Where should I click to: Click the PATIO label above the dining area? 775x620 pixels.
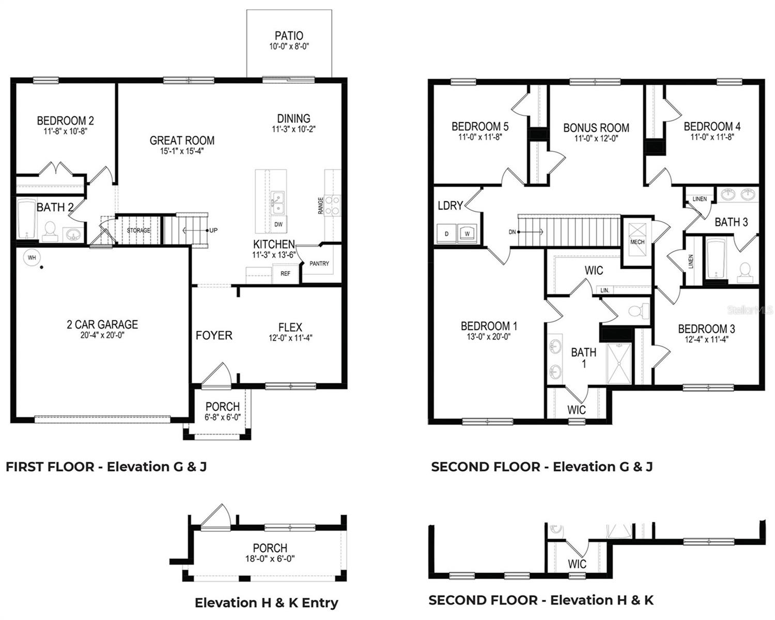click(x=289, y=36)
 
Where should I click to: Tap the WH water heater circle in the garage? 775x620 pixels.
click(x=32, y=257)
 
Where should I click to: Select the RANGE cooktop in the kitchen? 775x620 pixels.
click(x=332, y=205)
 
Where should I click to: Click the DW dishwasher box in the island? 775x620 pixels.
click(x=278, y=224)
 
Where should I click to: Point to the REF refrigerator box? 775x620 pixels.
click(x=285, y=273)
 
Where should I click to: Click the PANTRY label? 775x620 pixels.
click(x=319, y=263)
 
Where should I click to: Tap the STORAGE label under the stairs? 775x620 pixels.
click(x=138, y=230)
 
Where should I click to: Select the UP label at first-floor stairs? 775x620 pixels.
click(x=213, y=230)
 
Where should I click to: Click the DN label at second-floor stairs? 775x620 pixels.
click(x=512, y=232)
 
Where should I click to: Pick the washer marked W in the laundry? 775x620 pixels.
click(x=467, y=233)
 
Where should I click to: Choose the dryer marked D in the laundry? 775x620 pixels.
click(x=447, y=233)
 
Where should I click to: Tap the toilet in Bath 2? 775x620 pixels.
click(x=50, y=231)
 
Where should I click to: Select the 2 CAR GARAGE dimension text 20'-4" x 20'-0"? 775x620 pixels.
click(x=102, y=335)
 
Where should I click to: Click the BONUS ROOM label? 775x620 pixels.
click(x=596, y=128)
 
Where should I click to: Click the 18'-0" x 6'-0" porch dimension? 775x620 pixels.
click(x=270, y=559)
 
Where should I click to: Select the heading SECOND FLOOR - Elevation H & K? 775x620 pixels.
click(x=541, y=600)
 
